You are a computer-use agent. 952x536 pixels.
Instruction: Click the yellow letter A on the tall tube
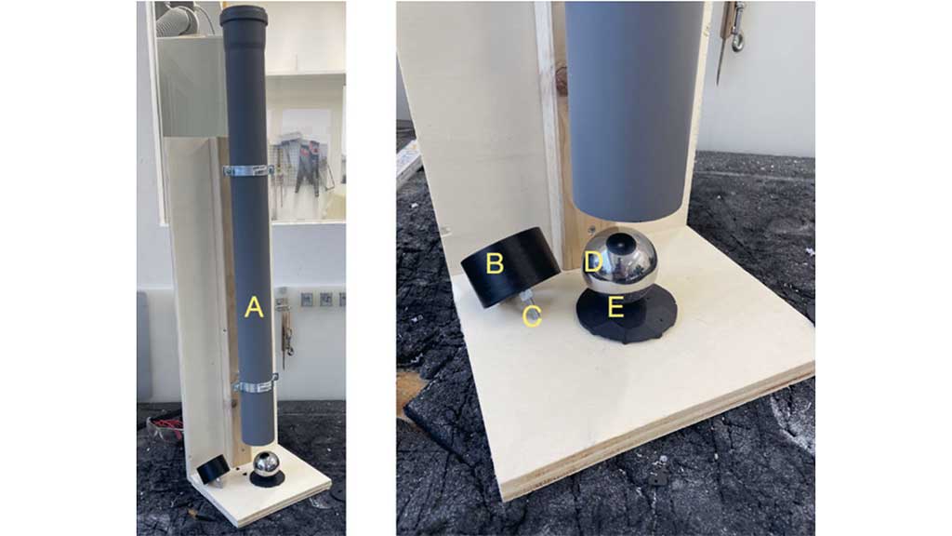coord(254,307)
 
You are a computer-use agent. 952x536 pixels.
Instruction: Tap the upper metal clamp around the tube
coord(247,170)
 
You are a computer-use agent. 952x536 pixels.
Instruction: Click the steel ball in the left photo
coord(265,463)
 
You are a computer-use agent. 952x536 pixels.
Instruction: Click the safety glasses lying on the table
coord(164,427)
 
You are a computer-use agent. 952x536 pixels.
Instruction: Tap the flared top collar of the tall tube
coord(244,17)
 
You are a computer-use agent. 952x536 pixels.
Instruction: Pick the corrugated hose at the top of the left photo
coord(181,19)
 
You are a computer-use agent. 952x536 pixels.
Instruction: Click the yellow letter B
coord(495,263)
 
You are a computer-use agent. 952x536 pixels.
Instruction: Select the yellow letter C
coord(533,316)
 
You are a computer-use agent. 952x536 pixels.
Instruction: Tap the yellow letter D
coord(593,262)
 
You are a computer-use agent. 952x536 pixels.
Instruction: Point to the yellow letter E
coord(615,307)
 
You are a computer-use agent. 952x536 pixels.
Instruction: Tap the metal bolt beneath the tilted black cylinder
coord(526,299)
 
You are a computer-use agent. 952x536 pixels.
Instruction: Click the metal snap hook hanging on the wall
coord(736,26)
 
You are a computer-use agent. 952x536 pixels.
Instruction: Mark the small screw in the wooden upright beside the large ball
coord(591,230)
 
